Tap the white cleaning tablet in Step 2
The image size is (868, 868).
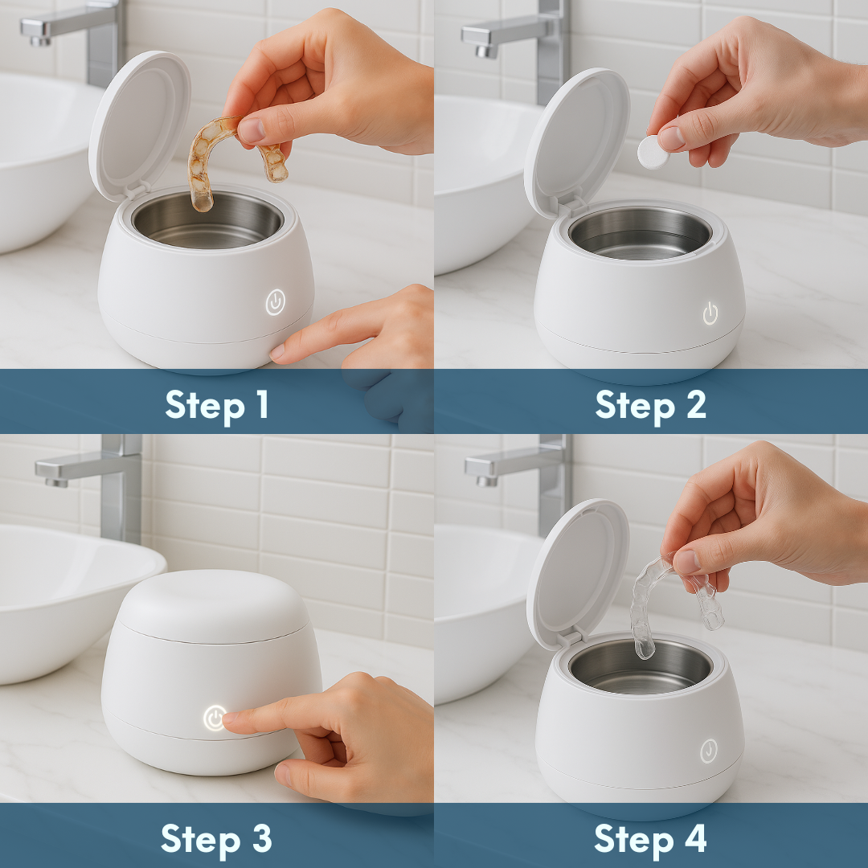(x=653, y=151)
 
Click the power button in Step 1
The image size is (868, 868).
(x=275, y=302)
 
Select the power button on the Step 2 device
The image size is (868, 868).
(x=710, y=313)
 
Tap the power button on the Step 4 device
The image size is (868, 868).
(x=708, y=749)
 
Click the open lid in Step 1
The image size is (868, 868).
(x=138, y=125)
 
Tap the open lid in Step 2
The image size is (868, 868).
(x=575, y=141)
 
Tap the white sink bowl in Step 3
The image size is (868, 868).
(x=56, y=595)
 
